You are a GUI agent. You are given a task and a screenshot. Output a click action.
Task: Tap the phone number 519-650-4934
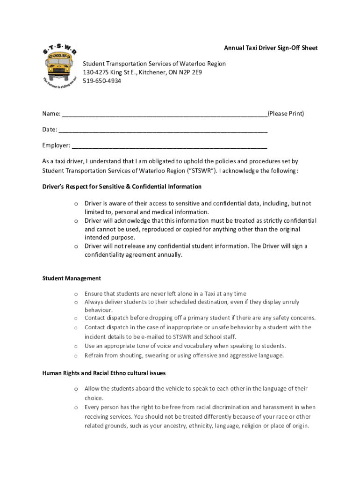102,81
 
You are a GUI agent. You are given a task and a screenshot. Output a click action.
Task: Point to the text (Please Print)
286,114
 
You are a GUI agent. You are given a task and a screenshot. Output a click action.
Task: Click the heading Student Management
72,278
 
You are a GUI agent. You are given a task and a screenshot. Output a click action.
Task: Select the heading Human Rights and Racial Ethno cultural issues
104,373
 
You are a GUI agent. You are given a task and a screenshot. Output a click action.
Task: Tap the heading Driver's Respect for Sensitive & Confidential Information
122,187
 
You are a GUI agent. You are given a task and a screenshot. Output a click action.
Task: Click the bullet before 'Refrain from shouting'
75,356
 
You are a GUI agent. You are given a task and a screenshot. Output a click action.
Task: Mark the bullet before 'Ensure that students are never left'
75,294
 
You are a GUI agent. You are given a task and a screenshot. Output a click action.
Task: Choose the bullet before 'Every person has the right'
75,407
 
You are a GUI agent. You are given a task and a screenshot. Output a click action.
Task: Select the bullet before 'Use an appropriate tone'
75,346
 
